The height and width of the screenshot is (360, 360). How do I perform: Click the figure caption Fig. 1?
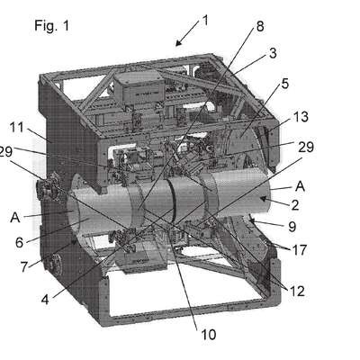[x=51, y=26]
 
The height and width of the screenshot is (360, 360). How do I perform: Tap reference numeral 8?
[x=260, y=26]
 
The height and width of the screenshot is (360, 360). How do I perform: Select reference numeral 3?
[x=273, y=53]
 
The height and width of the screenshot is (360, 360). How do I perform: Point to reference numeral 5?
[x=284, y=84]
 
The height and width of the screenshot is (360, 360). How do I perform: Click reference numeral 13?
[x=301, y=117]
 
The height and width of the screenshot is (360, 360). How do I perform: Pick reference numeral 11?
[x=17, y=128]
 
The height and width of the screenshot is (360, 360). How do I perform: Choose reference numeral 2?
[x=295, y=205]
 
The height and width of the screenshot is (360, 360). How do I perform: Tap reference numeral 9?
[x=292, y=227]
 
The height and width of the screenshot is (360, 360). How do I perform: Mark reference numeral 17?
[x=300, y=250]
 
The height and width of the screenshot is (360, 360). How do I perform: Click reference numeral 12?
[x=297, y=291]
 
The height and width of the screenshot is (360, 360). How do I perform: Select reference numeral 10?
[x=208, y=335]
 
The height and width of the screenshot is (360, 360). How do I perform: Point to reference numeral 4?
[x=45, y=300]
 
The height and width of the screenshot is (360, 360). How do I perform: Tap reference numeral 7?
[x=24, y=267]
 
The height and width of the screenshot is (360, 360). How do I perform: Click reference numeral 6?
[x=19, y=242]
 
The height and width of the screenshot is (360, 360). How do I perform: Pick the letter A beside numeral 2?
[x=300, y=186]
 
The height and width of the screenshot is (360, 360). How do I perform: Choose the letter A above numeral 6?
[x=15, y=218]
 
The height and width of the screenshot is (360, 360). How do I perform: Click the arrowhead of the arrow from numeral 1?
[x=177, y=44]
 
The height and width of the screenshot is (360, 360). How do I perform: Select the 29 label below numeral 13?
[x=306, y=147]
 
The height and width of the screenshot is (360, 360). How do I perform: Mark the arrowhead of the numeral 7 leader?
[x=75, y=242]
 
